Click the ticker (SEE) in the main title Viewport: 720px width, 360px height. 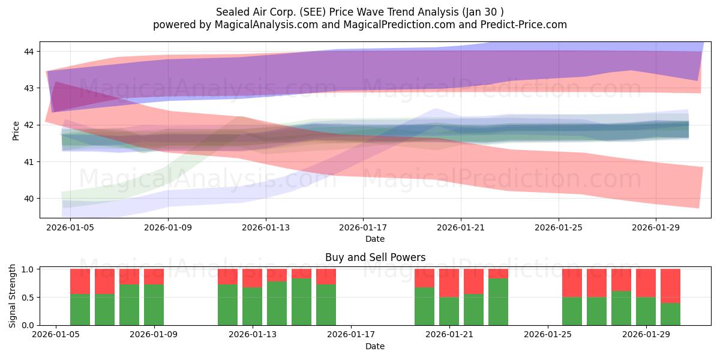click(309, 12)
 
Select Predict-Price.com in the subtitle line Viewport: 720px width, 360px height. click(524, 25)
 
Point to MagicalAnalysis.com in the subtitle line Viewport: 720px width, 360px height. click(266, 25)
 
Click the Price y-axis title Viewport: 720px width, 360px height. click(16, 131)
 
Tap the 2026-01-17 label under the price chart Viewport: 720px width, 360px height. click(363, 227)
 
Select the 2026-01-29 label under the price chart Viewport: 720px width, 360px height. click(656, 227)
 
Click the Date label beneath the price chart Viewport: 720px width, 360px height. click(375, 239)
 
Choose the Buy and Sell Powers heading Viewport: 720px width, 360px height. click(375, 257)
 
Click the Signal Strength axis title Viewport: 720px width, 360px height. click(12, 296)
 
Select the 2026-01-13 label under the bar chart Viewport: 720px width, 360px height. click(253, 335)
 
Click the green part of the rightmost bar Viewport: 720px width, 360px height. click(670, 314)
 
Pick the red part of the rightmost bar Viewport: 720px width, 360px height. click(670, 286)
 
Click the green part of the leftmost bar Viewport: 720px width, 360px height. click(80, 310)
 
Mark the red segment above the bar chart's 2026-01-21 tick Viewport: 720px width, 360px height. click(449, 283)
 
